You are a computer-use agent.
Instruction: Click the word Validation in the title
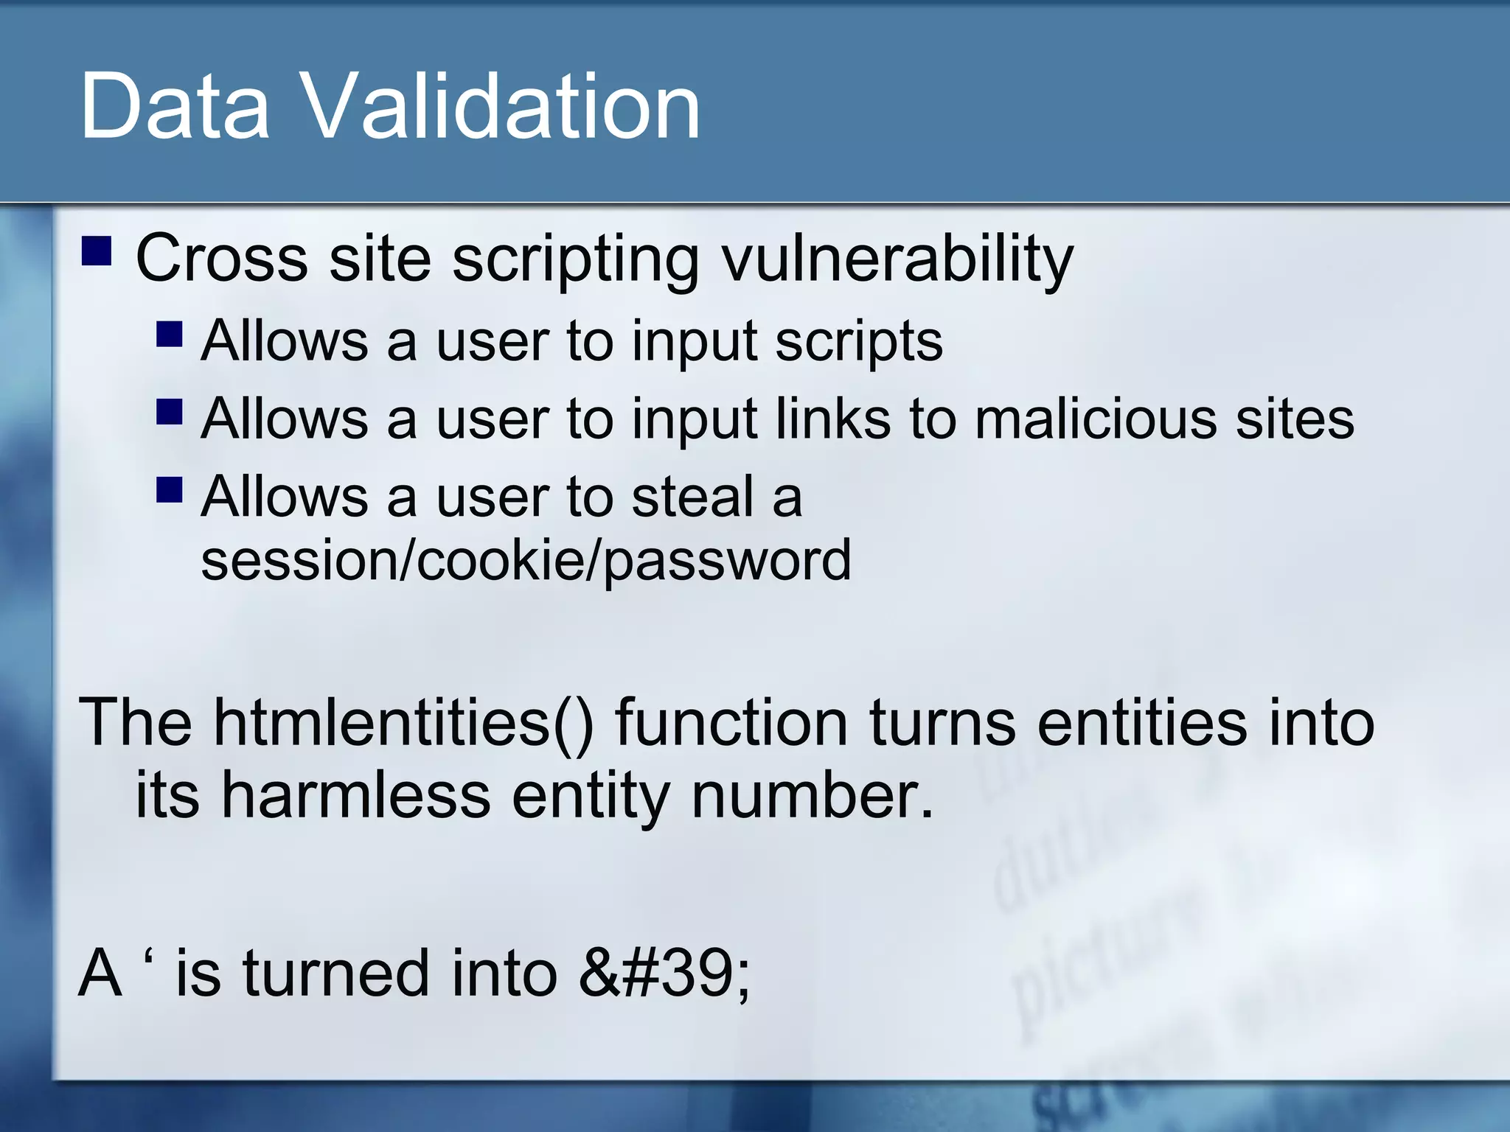coord(501,108)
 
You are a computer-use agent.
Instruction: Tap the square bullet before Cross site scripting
coord(97,251)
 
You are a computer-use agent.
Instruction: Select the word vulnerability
coord(897,259)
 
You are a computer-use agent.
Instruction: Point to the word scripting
coord(575,259)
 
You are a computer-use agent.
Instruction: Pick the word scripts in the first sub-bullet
coord(859,341)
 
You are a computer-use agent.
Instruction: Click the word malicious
coord(1095,419)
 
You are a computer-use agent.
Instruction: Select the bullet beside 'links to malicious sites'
coord(170,412)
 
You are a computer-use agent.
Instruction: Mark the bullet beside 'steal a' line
coord(170,489)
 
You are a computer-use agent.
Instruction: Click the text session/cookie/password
coord(526,560)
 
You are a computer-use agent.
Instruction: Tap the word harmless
coord(356,797)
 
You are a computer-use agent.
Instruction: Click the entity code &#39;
coord(664,974)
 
